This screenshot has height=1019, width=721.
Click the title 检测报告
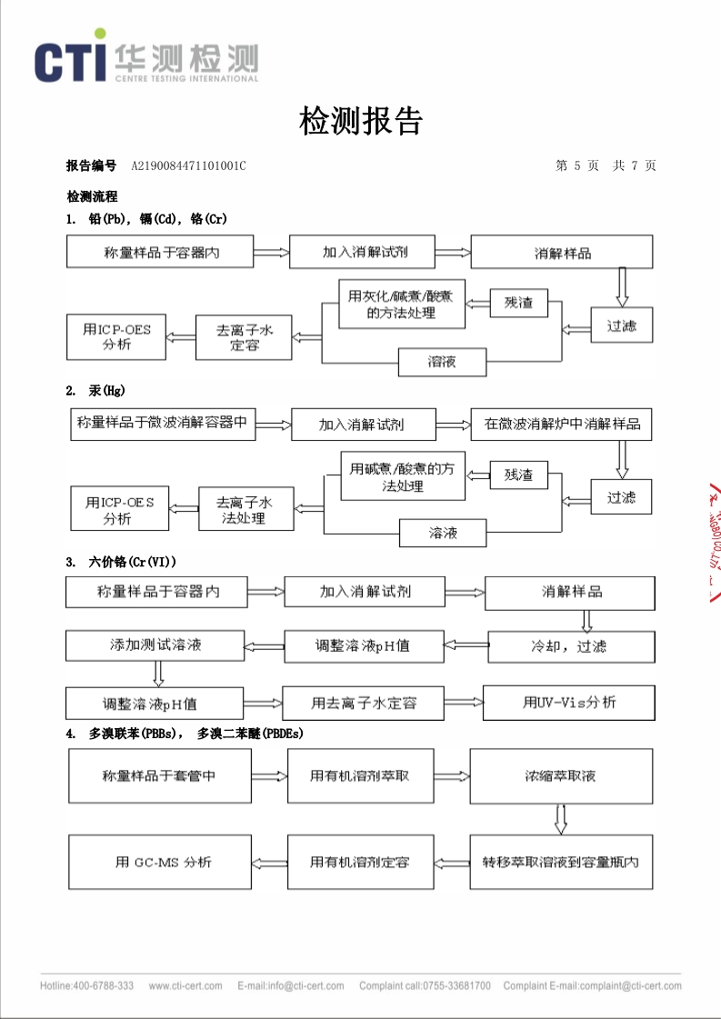(x=361, y=120)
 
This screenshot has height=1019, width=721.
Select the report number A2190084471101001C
(x=188, y=165)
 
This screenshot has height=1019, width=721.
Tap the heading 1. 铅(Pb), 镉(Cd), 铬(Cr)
(x=146, y=219)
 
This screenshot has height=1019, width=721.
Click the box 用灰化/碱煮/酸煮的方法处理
(x=402, y=304)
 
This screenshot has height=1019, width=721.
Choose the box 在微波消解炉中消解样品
(x=561, y=424)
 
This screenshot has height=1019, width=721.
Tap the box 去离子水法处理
(x=245, y=509)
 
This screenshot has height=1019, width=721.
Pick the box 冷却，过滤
(x=570, y=646)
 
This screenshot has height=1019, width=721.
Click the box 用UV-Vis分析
(x=569, y=702)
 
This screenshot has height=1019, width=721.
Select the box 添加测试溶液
(x=154, y=645)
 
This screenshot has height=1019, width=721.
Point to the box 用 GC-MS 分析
(x=162, y=862)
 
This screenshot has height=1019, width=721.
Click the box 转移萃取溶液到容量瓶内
(x=561, y=862)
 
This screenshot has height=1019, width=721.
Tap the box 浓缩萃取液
(x=561, y=776)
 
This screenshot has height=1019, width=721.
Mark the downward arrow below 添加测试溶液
(x=158, y=674)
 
